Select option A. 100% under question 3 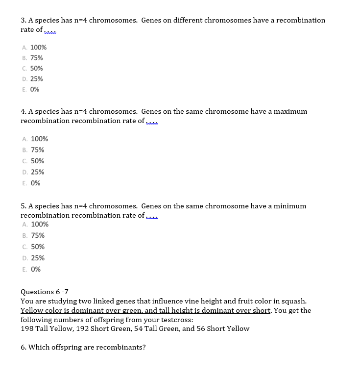[x=34, y=48]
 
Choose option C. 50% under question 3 [x=33, y=68]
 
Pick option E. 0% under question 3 [x=31, y=90]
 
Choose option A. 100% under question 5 [x=35, y=225]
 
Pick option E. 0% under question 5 [x=31, y=269]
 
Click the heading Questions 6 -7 [x=45, y=292]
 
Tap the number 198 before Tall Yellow [x=27, y=328]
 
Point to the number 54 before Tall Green [x=145, y=328]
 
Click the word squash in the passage [x=294, y=301]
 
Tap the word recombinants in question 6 [x=123, y=347]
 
